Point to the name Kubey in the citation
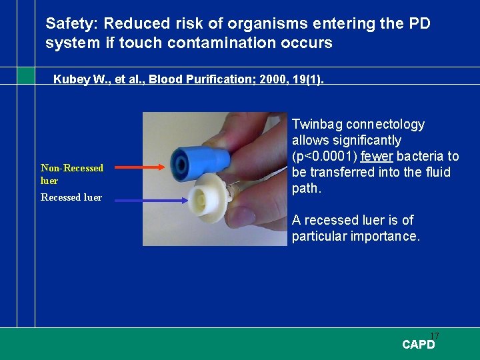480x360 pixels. tap(72, 79)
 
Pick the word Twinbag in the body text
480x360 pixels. tap(317, 125)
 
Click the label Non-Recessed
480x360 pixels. tap(72, 168)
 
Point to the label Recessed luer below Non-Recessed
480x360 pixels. tap(71, 197)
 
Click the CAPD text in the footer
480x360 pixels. tap(418, 345)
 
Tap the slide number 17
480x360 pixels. tap(435, 335)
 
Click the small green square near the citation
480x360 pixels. tap(26, 75)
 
